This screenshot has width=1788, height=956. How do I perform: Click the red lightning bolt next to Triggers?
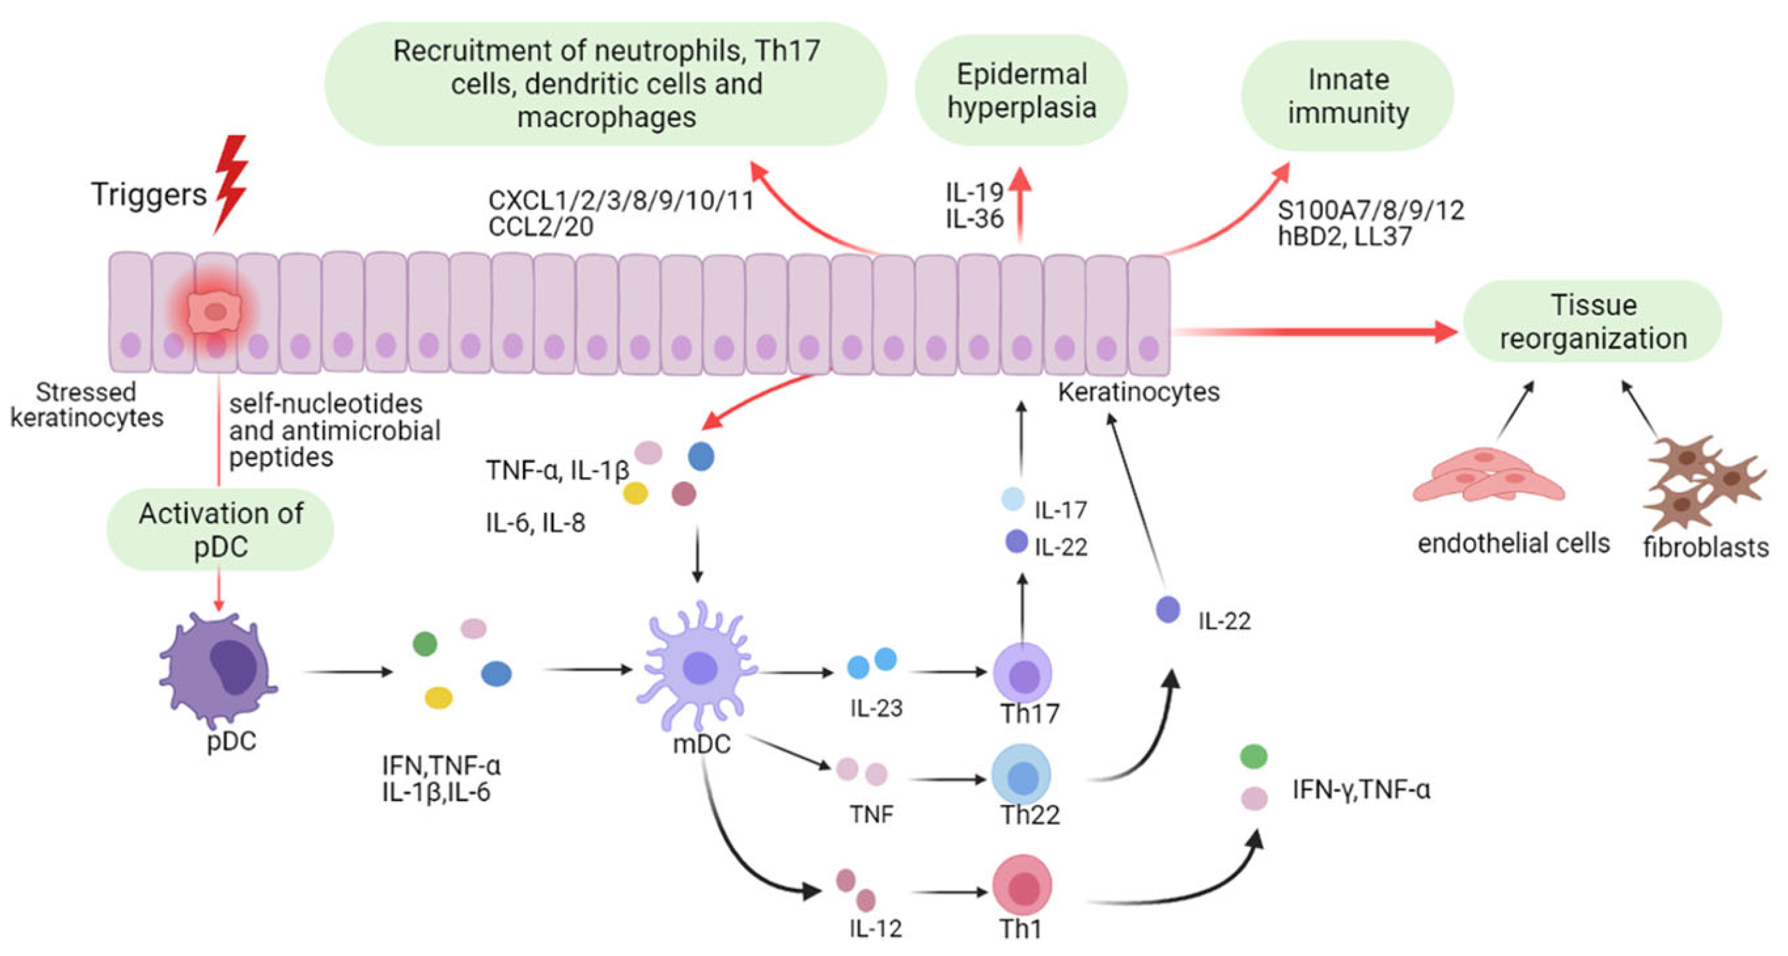pyautogui.click(x=231, y=184)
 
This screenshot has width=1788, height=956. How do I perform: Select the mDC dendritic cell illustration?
pyautogui.click(x=699, y=666)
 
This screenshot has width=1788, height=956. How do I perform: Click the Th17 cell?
pyautogui.click(x=1023, y=672)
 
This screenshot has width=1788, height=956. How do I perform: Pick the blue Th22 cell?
pyautogui.click(x=1021, y=775)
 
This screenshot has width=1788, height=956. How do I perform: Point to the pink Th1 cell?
pyautogui.click(x=1022, y=885)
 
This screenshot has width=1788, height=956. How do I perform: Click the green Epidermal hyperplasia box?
pyautogui.click(x=1021, y=90)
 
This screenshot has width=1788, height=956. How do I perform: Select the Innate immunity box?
pyautogui.click(x=1347, y=96)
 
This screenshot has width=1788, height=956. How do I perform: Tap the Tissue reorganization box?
pyautogui.click(x=1592, y=321)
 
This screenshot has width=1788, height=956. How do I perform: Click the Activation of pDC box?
pyautogui.click(x=220, y=529)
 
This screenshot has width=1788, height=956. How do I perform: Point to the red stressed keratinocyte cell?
pyautogui.click(x=215, y=312)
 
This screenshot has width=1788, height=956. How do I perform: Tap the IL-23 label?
pyautogui.click(x=876, y=708)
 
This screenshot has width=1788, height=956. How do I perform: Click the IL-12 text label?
pyautogui.click(x=875, y=929)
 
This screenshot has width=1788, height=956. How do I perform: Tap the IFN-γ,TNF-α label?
pyautogui.click(x=1360, y=790)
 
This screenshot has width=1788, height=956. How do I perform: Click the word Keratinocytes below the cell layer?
pyautogui.click(x=1139, y=393)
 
